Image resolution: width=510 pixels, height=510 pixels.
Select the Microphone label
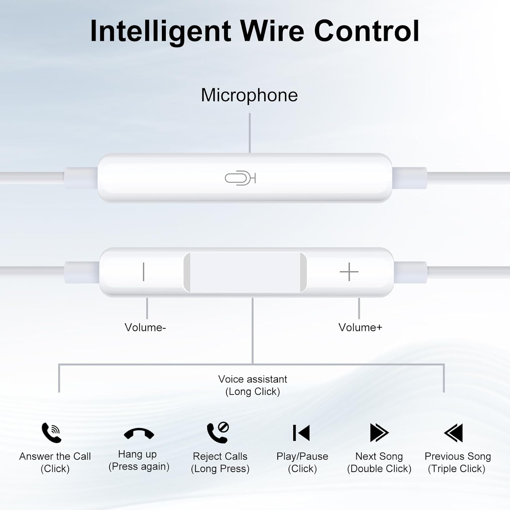[249, 95]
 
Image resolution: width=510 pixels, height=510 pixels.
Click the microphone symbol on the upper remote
[240, 178]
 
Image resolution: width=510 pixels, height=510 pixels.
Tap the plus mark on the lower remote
[349, 272]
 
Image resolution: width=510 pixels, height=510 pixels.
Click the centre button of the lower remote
[245, 272]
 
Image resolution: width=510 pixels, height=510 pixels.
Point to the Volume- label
[145, 327]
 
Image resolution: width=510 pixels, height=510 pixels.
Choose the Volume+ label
[360, 327]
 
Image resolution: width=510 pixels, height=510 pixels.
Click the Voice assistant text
[253, 379]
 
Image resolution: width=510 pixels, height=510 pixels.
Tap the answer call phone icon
[51, 432]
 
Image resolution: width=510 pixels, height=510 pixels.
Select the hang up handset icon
[139, 434]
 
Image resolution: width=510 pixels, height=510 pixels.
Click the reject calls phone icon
[218, 432]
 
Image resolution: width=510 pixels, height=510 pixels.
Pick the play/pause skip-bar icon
[301, 433]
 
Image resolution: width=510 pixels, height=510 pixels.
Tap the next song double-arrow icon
[379, 432]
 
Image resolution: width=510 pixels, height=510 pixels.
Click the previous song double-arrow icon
[454, 432]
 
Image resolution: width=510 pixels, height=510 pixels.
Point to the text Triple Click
[456, 469]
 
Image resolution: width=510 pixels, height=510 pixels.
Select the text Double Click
[379, 469]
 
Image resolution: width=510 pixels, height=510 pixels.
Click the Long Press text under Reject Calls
[220, 469]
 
